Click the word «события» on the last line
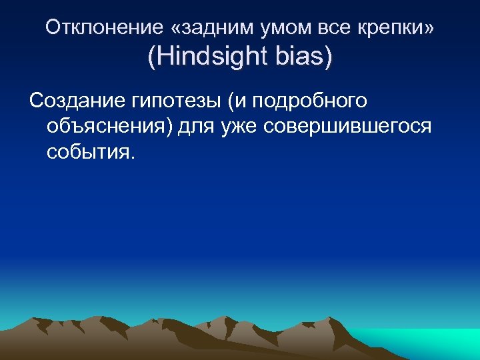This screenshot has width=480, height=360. (89, 152)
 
